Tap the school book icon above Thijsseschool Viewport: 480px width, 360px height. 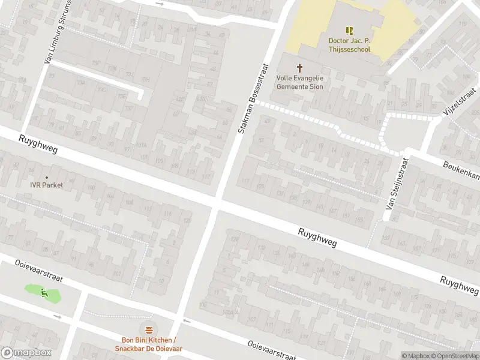coord(350,30)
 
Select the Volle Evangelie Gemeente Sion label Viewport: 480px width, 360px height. coord(300,82)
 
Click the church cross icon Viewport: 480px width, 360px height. coord(300,68)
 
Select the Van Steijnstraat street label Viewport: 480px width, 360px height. coord(397,188)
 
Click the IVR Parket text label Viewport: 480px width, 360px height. coord(46,185)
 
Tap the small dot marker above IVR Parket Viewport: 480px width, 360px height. coord(46,177)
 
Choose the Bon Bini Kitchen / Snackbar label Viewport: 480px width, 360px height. coord(148,344)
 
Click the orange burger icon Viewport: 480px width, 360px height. coord(148,329)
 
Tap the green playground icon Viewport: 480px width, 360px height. coord(44,293)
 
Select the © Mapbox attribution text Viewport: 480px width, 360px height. coord(415,356)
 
